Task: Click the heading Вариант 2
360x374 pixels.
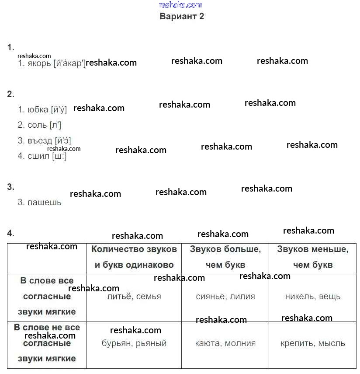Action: (x=182, y=16)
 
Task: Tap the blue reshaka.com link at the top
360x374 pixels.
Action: (x=180, y=5)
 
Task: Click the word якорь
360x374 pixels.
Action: (x=39, y=63)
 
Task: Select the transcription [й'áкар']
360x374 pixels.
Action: (x=69, y=63)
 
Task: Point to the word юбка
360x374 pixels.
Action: (x=38, y=109)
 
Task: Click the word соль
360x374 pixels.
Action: (x=37, y=125)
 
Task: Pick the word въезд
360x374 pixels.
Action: (x=40, y=141)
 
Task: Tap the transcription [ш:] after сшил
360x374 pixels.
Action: (x=59, y=156)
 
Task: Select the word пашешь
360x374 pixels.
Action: (x=45, y=203)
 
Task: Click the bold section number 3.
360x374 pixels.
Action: (x=10, y=187)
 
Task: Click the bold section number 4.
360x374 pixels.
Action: (x=10, y=233)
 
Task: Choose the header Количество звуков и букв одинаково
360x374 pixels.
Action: (x=134, y=257)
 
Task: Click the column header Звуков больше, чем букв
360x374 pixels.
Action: (x=225, y=257)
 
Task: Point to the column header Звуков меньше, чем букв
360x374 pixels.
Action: (x=313, y=257)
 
